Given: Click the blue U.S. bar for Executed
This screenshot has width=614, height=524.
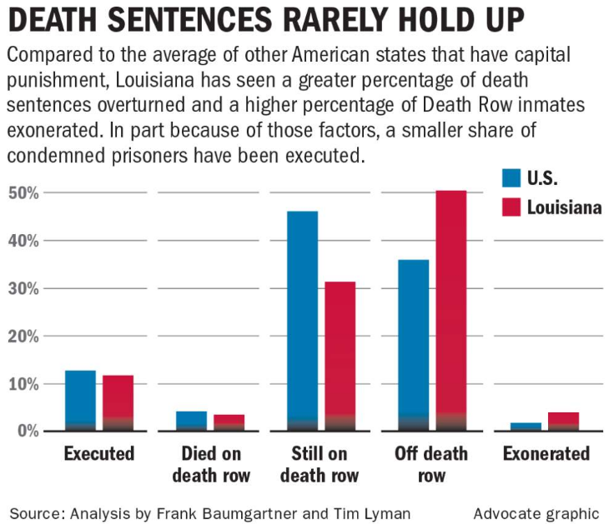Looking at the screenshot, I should pyautogui.click(x=80, y=400).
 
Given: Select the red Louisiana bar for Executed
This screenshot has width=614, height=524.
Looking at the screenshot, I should pyautogui.click(x=118, y=402).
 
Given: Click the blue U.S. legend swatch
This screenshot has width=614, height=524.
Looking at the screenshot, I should pyautogui.click(x=511, y=177).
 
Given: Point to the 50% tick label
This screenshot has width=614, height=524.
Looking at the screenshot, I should pyautogui.click(x=24, y=193).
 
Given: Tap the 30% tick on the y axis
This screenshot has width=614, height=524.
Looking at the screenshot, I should pyautogui.click(x=24, y=289).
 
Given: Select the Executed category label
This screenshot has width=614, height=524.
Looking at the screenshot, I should pyautogui.click(x=99, y=454).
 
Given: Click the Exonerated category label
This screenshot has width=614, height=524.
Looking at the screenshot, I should pyautogui.click(x=546, y=454).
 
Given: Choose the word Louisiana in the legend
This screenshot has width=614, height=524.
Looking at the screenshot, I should pyautogui.click(x=563, y=207).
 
